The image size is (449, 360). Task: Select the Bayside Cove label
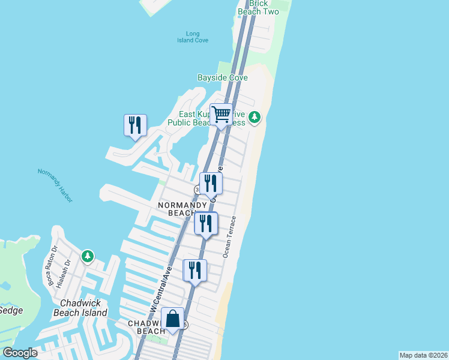pyautogui.click(x=222, y=78)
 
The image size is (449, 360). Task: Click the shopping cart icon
pyautogui.click(x=221, y=113)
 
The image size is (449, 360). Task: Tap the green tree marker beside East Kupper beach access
pyautogui.click(x=255, y=116)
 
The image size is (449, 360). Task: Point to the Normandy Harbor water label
pyautogui.click(x=55, y=181)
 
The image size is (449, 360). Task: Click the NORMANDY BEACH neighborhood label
pyautogui.click(x=182, y=209)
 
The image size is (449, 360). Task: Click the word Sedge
pyautogui.click(x=11, y=310)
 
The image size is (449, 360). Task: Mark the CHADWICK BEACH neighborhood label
pyautogui.click(x=146, y=327)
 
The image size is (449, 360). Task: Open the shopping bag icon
pyautogui.click(x=172, y=318)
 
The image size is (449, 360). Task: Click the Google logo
pyautogui.click(x=20, y=353)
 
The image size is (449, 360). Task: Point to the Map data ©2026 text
pyautogui.click(x=423, y=355)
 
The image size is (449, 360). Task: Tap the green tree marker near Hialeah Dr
pyautogui.click(x=88, y=256)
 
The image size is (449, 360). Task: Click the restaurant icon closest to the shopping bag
pyautogui.click(x=194, y=270)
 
